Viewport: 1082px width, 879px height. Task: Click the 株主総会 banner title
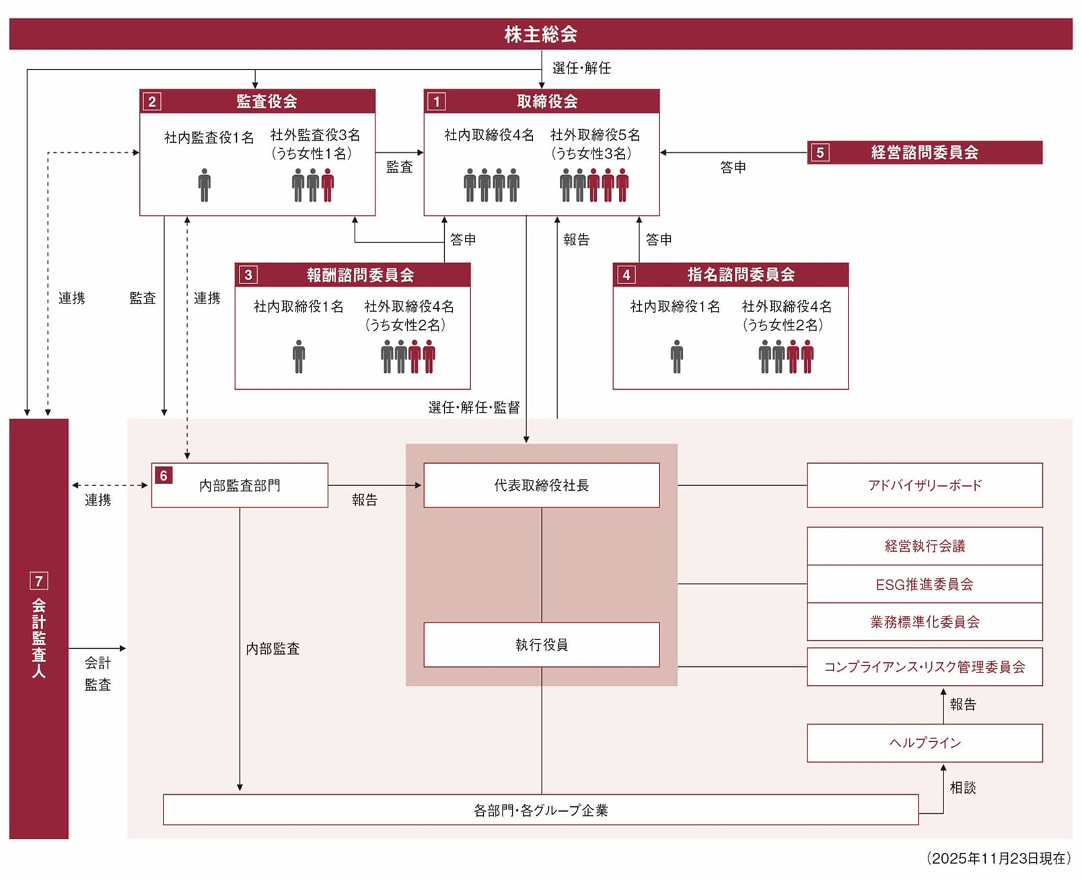[540, 34]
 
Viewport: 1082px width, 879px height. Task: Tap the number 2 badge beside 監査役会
[152, 102]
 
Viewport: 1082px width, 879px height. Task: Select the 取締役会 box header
[546, 102]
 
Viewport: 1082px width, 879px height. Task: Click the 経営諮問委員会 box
[925, 152]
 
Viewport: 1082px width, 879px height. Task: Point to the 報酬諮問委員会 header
[359, 275]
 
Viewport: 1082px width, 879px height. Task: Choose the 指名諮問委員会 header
[740, 275]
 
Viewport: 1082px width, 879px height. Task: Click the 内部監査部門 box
[240, 485]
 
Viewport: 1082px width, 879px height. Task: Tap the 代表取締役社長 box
[541, 485]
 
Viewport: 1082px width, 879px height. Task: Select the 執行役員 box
[541, 645]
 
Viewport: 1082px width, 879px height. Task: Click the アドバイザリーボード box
[925, 485]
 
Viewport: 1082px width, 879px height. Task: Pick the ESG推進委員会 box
[925, 584]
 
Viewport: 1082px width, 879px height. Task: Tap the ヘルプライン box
[925, 743]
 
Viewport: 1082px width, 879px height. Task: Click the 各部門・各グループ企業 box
[540, 810]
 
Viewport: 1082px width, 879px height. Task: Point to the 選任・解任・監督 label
[474, 407]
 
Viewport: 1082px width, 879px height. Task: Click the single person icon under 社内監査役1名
[205, 185]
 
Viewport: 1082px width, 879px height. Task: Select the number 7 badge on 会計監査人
[39, 581]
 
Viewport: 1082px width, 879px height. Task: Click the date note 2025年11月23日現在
[999, 858]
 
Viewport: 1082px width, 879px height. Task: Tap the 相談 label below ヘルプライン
[962, 787]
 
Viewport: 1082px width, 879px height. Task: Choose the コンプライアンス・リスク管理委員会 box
[925, 667]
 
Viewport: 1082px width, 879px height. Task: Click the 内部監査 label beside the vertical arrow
[273, 649]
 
